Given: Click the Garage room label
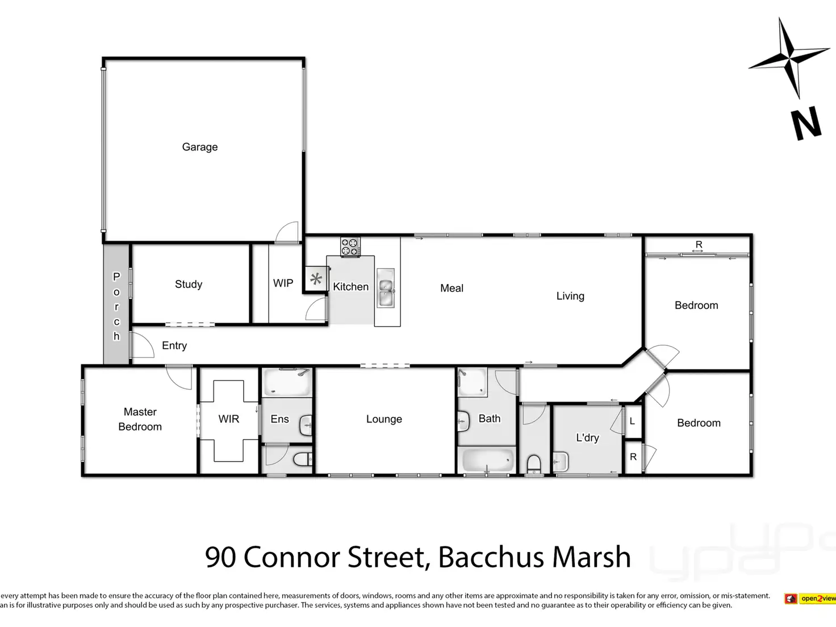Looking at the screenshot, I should [x=199, y=147].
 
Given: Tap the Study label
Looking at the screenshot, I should [x=189, y=285].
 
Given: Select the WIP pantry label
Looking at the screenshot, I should [x=283, y=283].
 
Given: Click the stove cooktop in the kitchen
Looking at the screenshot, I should [x=350, y=247].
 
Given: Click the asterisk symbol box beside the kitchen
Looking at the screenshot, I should [x=316, y=279].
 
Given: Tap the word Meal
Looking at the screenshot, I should [x=452, y=289].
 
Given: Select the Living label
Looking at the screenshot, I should [x=570, y=296].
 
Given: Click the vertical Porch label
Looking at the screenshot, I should [x=116, y=307].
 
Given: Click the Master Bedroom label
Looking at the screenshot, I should [x=140, y=419].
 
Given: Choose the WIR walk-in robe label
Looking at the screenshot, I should [x=229, y=419].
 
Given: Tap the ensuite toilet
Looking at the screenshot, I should [x=302, y=458].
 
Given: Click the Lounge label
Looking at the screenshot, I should [x=384, y=419].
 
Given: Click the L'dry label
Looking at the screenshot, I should [x=587, y=438].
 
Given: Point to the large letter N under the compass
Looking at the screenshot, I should [x=806, y=123].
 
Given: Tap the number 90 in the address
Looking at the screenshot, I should [x=220, y=557].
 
